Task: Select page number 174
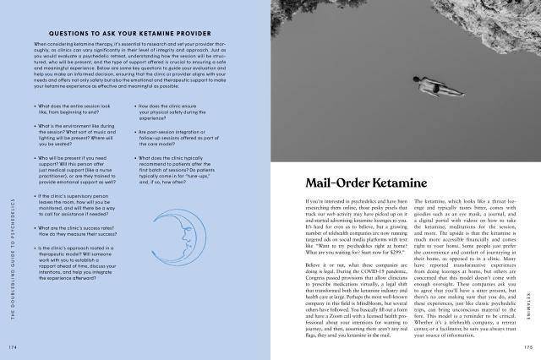pyautogui.click(x=13, y=346)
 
